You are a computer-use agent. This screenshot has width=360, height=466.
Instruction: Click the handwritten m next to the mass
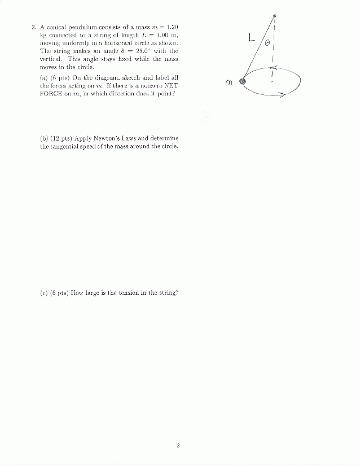pyautogui.click(x=229, y=82)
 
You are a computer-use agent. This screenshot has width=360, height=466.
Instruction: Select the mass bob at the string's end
pyautogui.click(x=243, y=82)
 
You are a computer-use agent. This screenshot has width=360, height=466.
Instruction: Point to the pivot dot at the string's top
pyautogui.click(x=274, y=15)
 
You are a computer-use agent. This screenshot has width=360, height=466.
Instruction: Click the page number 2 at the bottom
pyautogui.click(x=178, y=446)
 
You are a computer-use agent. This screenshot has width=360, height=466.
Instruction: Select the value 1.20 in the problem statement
pyautogui.click(x=171, y=27)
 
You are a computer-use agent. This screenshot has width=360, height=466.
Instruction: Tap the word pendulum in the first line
pyautogui.click(x=84, y=27)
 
